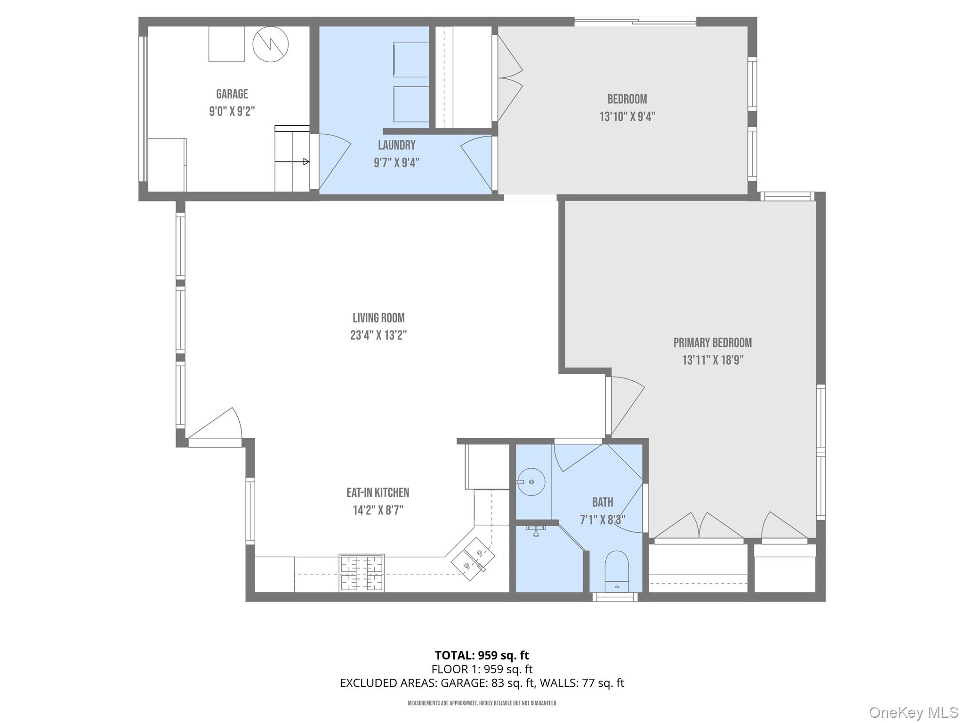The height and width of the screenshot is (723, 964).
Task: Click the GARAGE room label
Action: tap(232, 94)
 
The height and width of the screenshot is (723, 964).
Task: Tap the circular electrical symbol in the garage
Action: tap(270, 45)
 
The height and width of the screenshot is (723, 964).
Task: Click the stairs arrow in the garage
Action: tap(292, 162)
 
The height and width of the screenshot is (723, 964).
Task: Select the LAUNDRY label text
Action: tap(396, 145)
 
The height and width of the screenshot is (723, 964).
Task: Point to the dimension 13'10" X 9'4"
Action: tap(627, 117)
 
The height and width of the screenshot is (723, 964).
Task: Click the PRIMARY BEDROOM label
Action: tap(712, 343)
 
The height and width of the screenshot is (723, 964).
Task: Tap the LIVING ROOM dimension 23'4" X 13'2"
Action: tap(378, 336)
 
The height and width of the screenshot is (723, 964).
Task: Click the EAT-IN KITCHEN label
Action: tap(378, 493)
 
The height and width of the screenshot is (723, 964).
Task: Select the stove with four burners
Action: tap(361, 572)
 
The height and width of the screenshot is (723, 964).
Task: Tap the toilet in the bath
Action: tap(617, 570)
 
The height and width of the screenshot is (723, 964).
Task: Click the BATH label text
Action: tap(602, 502)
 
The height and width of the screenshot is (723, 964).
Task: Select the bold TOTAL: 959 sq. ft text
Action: tap(482, 655)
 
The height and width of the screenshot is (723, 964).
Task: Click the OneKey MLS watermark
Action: tap(913, 713)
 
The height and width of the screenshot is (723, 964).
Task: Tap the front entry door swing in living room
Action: tap(217, 426)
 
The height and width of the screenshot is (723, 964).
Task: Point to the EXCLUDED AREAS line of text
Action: tap(482, 683)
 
